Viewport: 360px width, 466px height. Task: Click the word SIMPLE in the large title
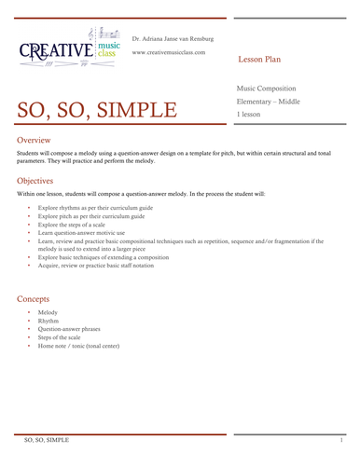point(142,111)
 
